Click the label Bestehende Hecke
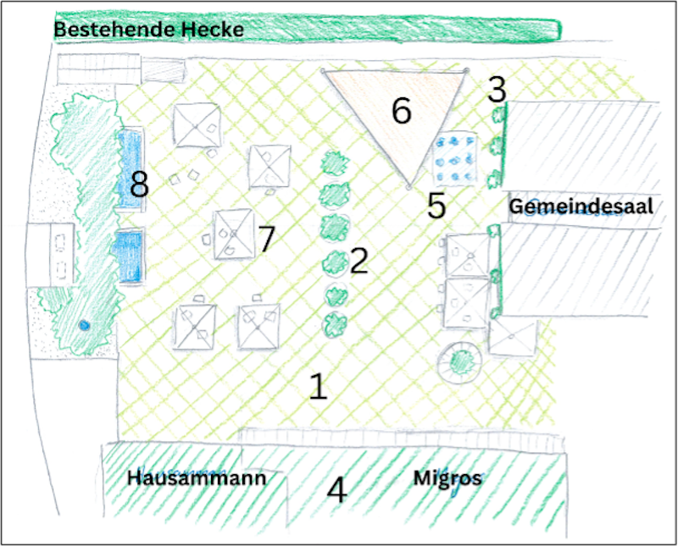tap(149, 30)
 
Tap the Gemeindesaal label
tap(581, 207)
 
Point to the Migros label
tap(447, 478)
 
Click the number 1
tap(318, 386)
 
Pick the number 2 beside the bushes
tap(358, 261)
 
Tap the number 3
tap(497, 89)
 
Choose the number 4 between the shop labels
tap(337, 490)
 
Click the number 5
tap(436, 206)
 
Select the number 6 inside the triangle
tap(401, 111)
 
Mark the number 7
tap(267, 239)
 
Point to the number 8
tap(139, 184)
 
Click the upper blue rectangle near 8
tap(130, 169)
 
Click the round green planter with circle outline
tap(460, 363)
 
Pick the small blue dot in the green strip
tap(83, 324)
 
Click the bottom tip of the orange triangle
tap(408, 185)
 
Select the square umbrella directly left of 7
tap(233, 234)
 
